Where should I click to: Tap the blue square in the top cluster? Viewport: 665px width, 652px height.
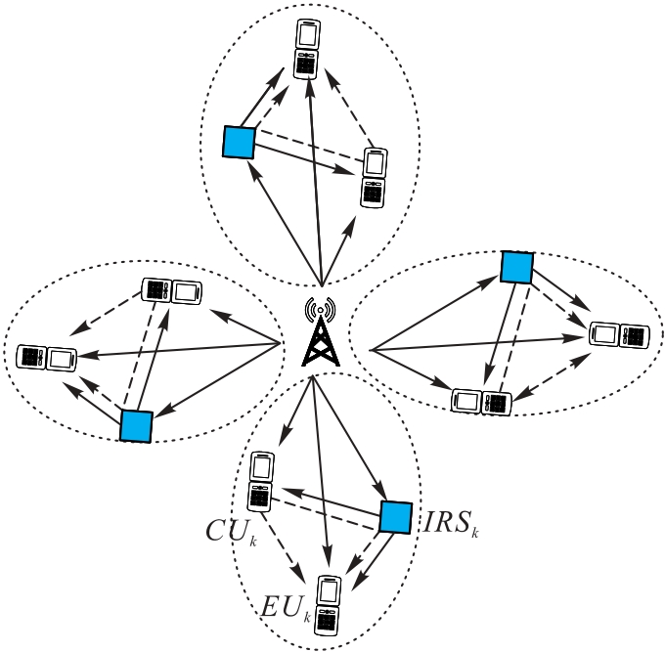239,143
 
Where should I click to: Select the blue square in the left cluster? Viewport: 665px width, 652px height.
136,426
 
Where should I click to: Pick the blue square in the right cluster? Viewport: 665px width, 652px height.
515,267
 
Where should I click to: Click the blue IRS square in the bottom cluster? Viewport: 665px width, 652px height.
394,518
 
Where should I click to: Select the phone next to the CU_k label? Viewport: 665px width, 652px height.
261,482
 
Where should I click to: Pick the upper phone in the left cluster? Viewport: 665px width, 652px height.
172,290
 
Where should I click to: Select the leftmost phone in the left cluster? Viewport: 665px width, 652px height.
46,358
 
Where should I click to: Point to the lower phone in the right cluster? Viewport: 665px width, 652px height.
482,401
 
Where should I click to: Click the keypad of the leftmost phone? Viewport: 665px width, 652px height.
31,358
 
